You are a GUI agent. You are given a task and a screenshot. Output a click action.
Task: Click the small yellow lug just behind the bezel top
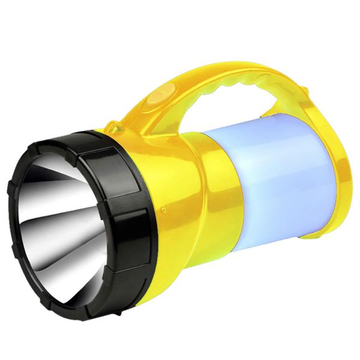click(114, 128)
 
